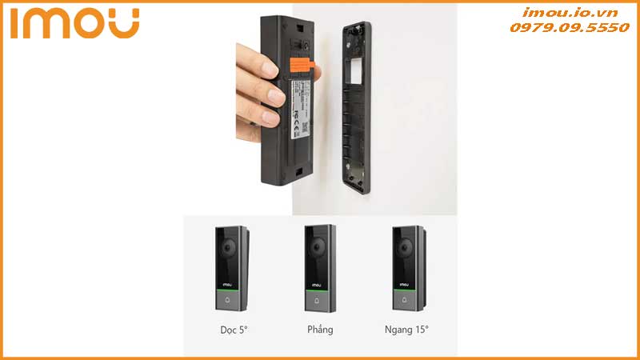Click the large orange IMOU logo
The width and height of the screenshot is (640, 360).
76,23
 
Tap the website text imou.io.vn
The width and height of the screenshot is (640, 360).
570,12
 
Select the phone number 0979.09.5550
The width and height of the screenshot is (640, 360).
570,27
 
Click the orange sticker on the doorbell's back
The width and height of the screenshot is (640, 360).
302,64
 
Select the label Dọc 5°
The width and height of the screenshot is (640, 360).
234,330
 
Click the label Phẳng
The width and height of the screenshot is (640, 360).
319,330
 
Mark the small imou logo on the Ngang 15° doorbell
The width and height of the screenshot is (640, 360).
405,285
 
